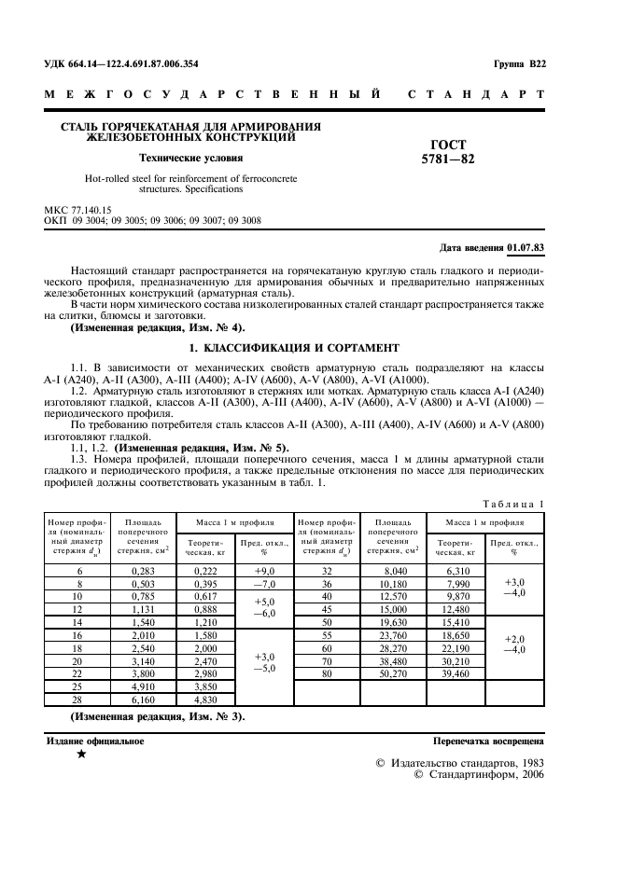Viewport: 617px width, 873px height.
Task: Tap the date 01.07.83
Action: [x=526, y=246]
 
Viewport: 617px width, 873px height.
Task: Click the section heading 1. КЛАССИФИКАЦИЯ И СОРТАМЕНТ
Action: [x=294, y=347]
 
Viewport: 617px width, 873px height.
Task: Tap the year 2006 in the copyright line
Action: [x=532, y=774]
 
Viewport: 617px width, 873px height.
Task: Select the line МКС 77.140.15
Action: [x=78, y=211]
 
